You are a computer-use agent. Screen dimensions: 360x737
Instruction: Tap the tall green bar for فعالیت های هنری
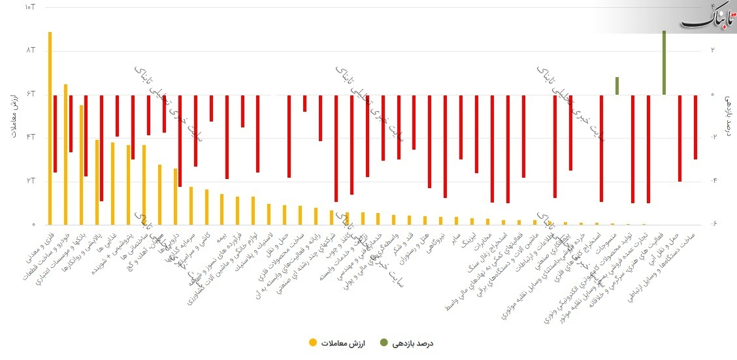664,63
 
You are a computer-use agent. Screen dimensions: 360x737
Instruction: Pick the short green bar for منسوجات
617,86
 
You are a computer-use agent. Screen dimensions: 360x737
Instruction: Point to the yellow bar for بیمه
221,209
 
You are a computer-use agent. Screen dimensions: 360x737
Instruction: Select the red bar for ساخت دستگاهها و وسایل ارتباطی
695,127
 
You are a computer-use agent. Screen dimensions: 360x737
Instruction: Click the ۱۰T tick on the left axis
29,7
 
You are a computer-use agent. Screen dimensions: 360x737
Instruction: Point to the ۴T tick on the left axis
29,137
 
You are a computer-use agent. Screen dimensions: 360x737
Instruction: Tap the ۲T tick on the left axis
29,181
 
